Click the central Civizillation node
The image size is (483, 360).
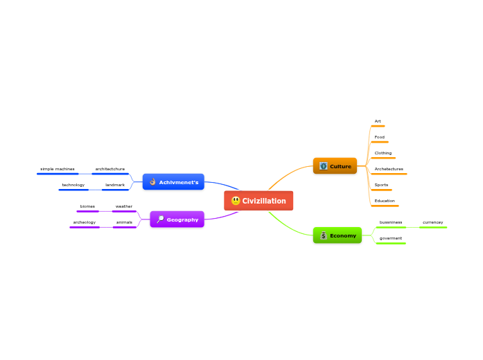[259, 201]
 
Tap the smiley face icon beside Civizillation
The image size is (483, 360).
[236, 201]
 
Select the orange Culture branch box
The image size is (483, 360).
[335, 166]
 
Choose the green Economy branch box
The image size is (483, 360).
[337, 235]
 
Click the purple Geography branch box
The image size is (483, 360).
[177, 219]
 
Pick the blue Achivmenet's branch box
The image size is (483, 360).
[173, 182]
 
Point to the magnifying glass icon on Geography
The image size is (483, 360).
[160, 219]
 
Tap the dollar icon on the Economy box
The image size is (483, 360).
[324, 235]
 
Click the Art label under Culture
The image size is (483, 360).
[378, 121]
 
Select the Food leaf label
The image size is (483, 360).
[379, 137]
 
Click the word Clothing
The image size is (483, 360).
[383, 153]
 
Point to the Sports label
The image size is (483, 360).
[381, 185]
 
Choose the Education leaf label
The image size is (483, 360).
[385, 201]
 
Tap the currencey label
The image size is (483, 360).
[432, 222]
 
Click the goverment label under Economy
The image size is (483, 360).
[390, 238]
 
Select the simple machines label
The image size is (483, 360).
[57, 169]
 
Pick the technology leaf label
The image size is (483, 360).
[73, 185]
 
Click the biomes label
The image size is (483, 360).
[87, 206]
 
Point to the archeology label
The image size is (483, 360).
[84, 222]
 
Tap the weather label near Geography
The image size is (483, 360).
[124, 206]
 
